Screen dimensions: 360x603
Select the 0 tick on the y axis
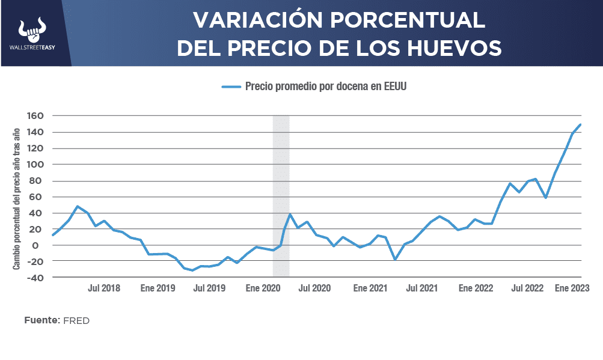click(41, 245)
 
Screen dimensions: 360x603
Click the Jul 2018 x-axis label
click(104, 288)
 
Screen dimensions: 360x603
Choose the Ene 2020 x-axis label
click(262, 288)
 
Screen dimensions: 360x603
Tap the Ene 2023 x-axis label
click(571, 288)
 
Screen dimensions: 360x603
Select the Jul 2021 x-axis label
click(421, 288)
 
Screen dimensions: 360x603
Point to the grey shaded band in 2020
click(281, 180)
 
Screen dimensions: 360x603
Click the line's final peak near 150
click(580, 125)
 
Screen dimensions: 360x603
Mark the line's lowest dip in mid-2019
click(192, 270)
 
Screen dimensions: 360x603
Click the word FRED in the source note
click(76, 321)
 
